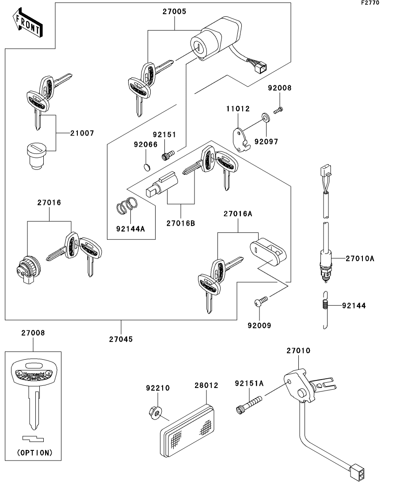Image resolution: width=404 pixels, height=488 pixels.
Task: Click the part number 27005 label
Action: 174,12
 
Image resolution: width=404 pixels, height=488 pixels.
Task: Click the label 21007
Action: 82,133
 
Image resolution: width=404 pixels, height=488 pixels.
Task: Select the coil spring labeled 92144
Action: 324,305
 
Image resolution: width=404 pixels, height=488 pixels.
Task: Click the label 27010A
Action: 360,258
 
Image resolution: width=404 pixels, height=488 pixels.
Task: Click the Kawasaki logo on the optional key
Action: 33,374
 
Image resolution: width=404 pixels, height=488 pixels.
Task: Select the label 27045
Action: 121,339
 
